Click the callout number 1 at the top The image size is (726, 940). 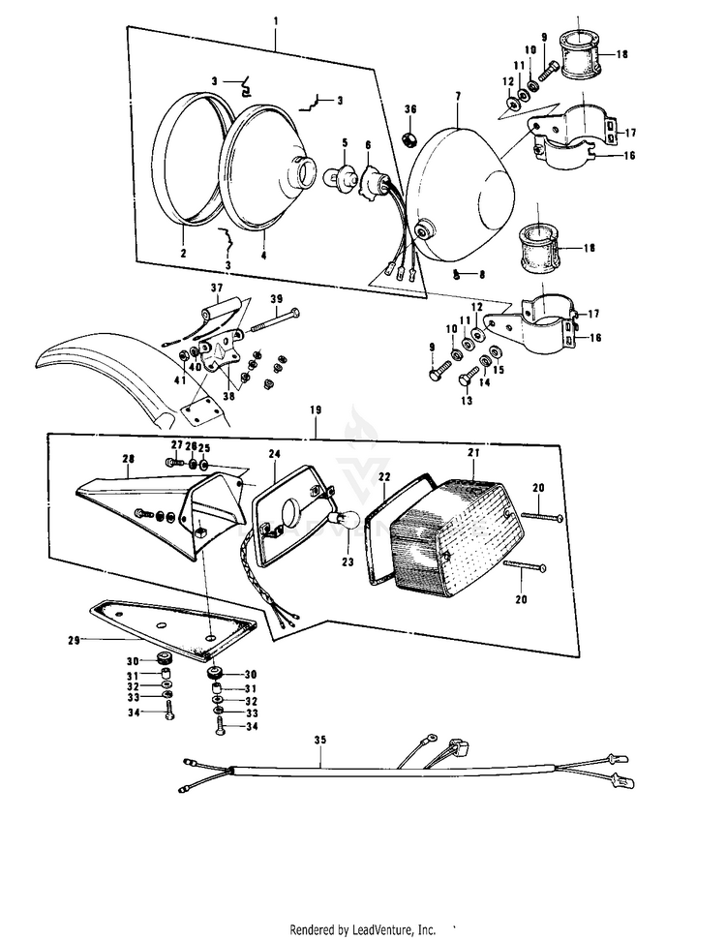(275, 21)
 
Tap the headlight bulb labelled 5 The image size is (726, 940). (338, 175)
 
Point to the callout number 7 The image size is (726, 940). (458, 96)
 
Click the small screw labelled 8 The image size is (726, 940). (456, 275)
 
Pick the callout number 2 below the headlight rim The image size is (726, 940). (184, 253)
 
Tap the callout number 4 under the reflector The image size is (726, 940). (263, 255)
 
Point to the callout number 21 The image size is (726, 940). (473, 453)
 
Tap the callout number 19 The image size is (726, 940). (316, 410)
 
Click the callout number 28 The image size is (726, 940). (129, 459)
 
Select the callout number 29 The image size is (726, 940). (74, 640)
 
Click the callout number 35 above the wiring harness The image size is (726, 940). (320, 740)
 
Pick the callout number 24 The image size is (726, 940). (275, 454)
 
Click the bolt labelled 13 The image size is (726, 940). (466, 381)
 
